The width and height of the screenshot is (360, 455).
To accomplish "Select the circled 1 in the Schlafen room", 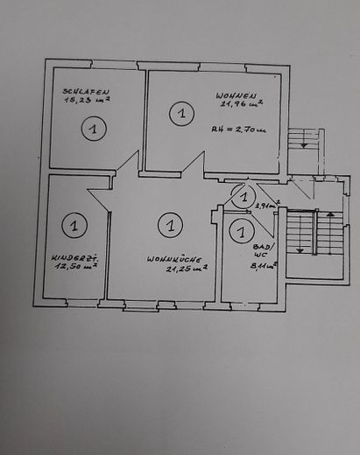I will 92,129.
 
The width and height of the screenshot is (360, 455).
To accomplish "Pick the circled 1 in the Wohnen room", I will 181,114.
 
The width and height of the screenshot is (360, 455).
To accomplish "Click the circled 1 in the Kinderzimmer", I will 74,226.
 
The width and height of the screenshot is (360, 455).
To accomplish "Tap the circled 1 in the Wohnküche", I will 169,226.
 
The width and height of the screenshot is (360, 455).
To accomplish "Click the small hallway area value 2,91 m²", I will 267,206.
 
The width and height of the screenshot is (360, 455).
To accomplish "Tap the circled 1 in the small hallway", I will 245,198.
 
